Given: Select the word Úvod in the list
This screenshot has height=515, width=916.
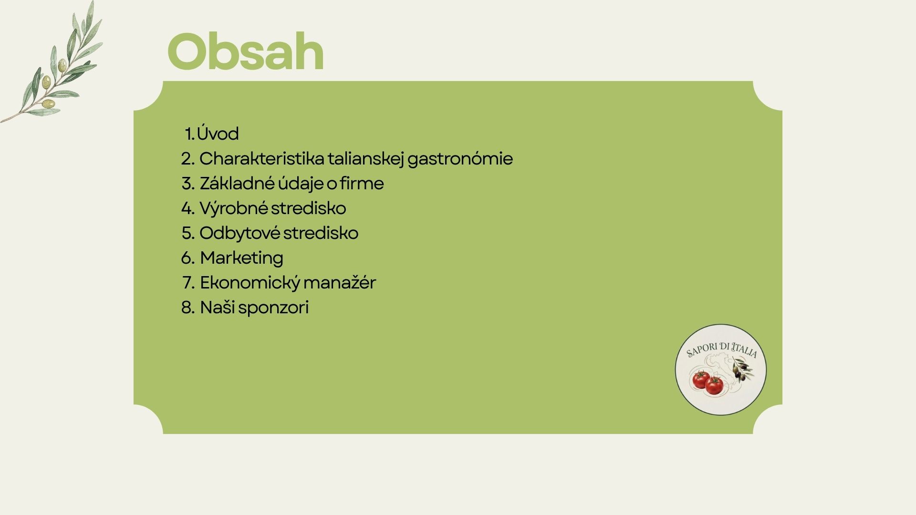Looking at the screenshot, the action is [x=218, y=133].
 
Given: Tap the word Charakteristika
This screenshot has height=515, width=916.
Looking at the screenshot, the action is [x=261, y=158].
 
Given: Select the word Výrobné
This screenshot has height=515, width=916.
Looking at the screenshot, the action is [x=233, y=208].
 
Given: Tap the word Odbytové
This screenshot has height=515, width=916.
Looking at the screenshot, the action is [x=239, y=233].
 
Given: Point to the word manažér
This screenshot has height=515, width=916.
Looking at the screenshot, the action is [x=339, y=282].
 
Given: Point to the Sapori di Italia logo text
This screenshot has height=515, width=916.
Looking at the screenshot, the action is [x=721, y=350].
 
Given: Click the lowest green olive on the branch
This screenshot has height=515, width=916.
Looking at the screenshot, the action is [x=48, y=103].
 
